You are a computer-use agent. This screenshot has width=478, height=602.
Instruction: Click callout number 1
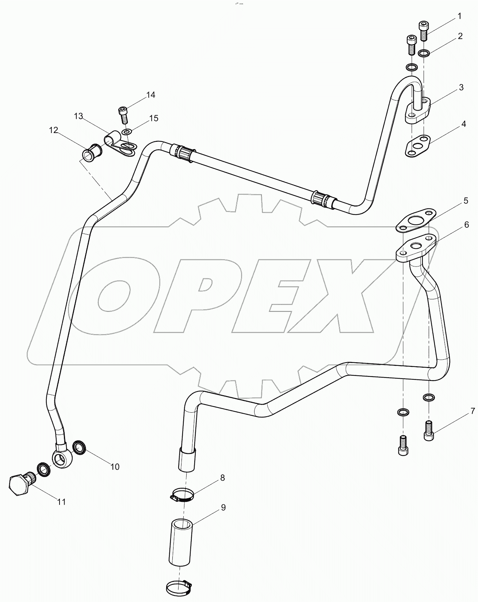click(x=459, y=16)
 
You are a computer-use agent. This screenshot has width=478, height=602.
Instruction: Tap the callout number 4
click(x=463, y=124)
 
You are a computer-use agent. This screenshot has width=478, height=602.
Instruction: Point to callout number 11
click(x=61, y=501)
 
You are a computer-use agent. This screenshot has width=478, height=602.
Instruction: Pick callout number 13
click(x=79, y=116)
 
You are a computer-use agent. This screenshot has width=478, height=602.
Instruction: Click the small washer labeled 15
click(x=127, y=132)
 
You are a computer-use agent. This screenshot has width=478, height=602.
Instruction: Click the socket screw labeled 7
click(x=429, y=431)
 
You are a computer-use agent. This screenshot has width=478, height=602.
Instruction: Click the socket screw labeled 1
click(x=424, y=30)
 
